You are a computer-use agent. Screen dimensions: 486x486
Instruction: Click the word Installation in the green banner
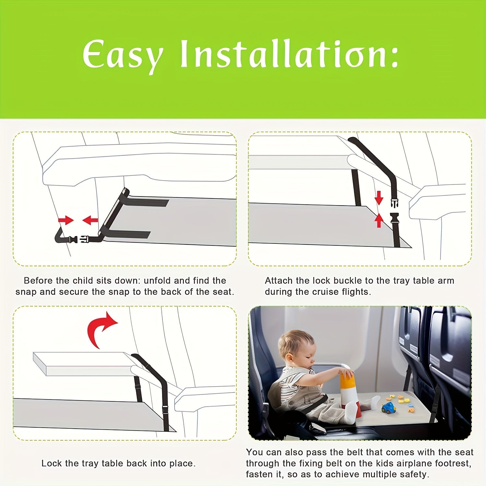click(x=289, y=54)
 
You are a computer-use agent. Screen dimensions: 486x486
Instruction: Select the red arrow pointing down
click(x=379, y=197)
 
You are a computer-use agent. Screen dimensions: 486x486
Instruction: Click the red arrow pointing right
click(x=66, y=220)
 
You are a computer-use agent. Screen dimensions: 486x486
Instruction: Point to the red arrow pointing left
click(x=90, y=220)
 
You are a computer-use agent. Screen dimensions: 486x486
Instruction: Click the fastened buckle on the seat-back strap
click(x=79, y=240)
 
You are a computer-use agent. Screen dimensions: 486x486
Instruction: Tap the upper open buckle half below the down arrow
click(x=394, y=203)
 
